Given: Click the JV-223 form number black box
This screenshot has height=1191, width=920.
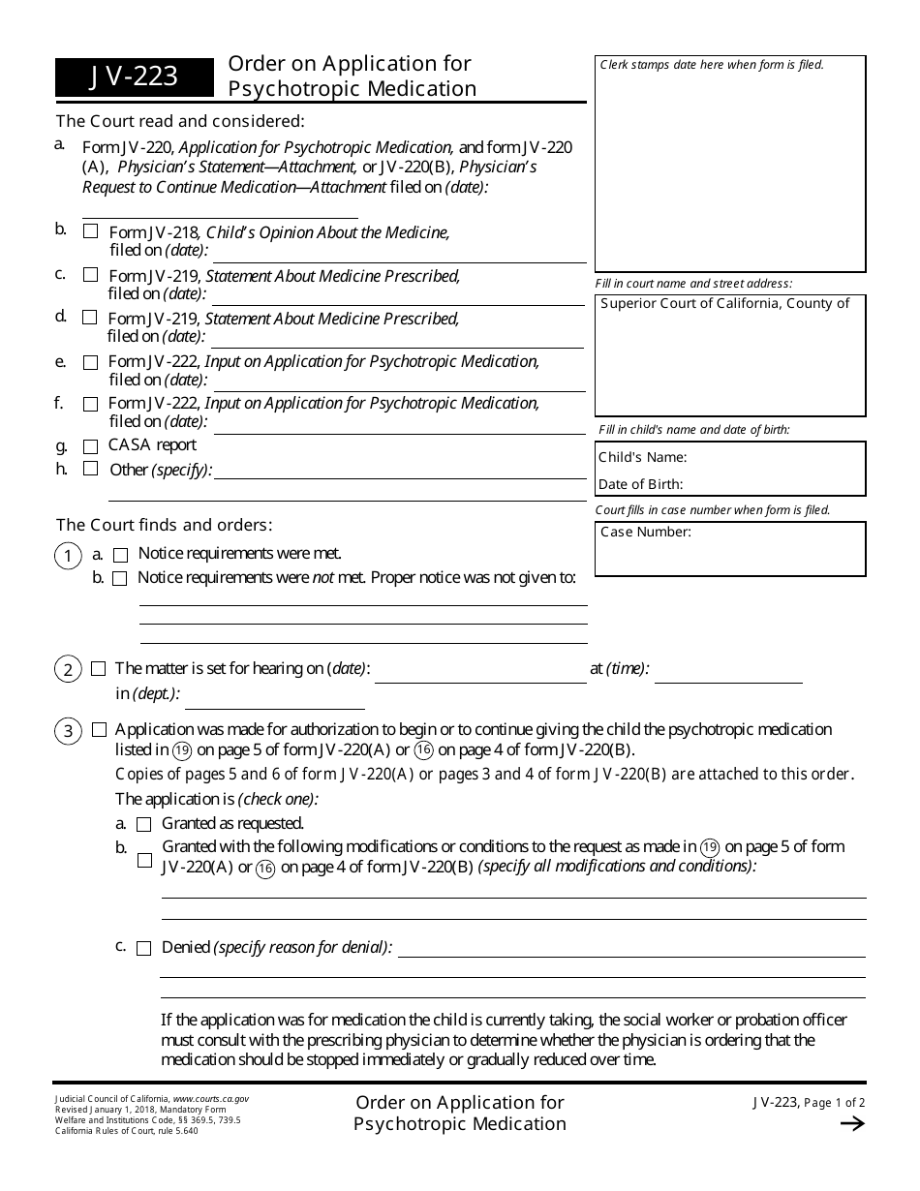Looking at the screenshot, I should tap(135, 77).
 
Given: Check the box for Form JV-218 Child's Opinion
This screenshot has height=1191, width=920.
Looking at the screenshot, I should tap(90, 231).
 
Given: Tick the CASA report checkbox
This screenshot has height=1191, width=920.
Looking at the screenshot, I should tap(90, 446).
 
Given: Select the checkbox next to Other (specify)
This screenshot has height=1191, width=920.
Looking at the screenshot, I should tap(90, 469).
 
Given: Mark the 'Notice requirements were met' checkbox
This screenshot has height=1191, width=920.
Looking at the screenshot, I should tap(121, 555).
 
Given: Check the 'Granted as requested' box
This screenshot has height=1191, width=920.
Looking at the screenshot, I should tap(143, 824).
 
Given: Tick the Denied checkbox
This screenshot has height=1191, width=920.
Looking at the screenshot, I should tap(143, 949).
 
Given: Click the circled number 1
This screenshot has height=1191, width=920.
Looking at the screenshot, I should tap(68, 556).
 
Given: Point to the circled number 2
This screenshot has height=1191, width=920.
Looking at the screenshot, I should tap(68, 669).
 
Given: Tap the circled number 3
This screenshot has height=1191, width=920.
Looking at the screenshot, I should tap(68, 731).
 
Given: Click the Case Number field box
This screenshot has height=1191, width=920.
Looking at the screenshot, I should tap(730, 550).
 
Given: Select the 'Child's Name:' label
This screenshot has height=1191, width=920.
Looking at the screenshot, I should tap(642, 457).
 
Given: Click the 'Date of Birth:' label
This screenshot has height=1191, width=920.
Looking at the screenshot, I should tap(640, 484).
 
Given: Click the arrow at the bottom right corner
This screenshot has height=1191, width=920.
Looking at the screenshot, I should tap(851, 1123).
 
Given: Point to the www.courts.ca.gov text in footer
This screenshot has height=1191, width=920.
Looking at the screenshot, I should tap(210, 1100).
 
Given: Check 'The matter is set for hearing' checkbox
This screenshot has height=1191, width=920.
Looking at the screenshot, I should tap(99, 669).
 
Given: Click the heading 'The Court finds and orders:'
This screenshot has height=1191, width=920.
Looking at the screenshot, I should tap(164, 525).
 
